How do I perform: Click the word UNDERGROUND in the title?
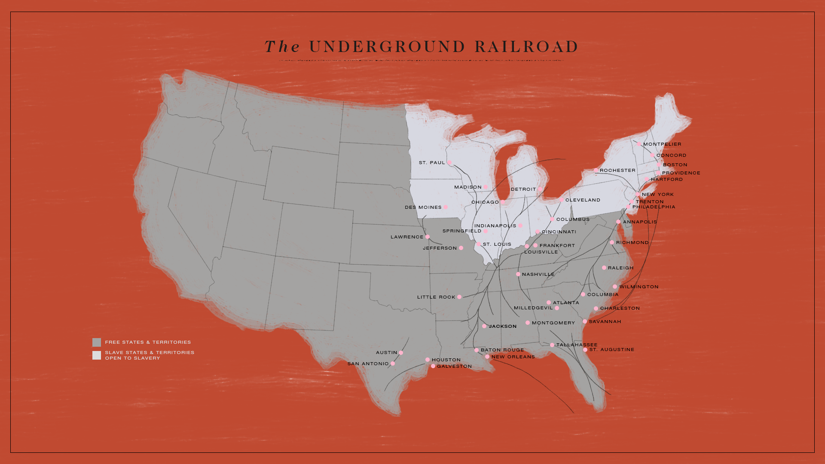coord(387,47)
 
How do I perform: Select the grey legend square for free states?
coord(97,342)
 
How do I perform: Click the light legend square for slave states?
coord(97,355)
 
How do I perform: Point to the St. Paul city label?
coord(432,163)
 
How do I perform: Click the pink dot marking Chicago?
coord(503,202)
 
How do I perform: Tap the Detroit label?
coord(523,189)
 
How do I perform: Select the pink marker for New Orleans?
coord(487,357)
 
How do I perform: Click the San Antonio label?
coord(368,364)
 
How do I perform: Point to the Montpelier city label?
coord(662,144)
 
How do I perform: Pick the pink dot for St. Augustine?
coord(585,350)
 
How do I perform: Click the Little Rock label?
coord(436,297)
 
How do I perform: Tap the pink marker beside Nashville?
coord(518,274)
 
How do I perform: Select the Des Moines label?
coord(423,208)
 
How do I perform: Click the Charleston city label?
coord(620,308)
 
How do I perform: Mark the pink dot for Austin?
coord(401,353)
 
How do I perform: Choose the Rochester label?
coord(617,171)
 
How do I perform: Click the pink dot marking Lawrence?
coord(428,237)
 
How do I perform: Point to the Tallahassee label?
coord(577,345)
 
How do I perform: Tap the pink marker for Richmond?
coord(612,242)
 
